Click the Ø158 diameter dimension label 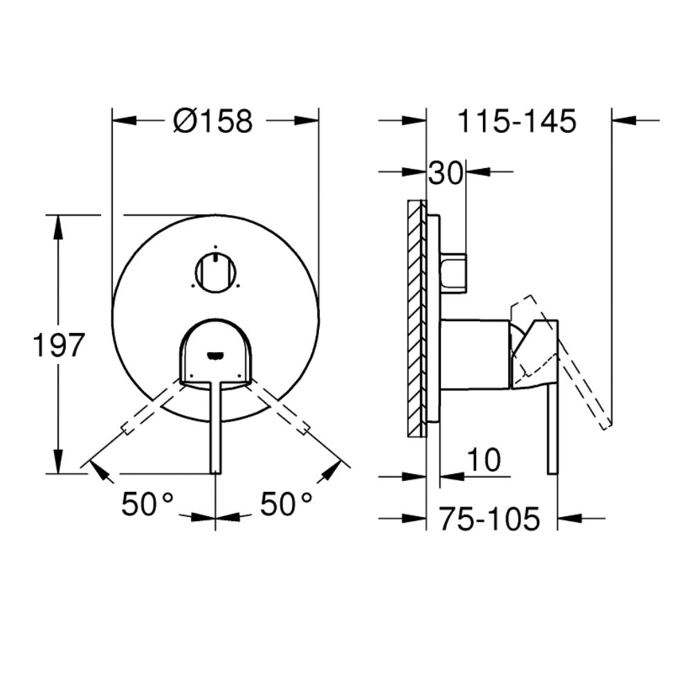tap(213, 120)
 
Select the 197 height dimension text tap(59, 345)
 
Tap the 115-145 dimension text tap(517, 120)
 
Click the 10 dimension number tap(484, 460)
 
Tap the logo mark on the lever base tap(215, 355)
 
